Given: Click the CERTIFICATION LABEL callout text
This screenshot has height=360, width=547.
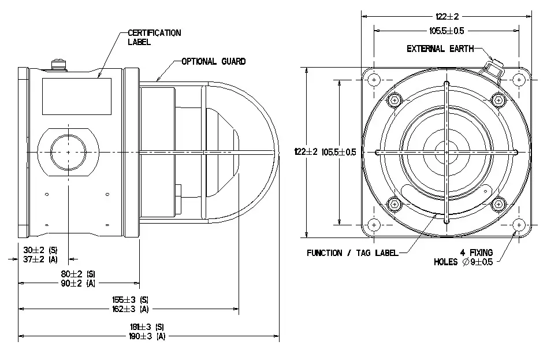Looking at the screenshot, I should [x=154, y=37].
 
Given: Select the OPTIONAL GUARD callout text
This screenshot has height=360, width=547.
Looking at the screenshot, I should [x=213, y=61].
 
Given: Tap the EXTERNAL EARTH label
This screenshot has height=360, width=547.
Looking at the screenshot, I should [x=440, y=49].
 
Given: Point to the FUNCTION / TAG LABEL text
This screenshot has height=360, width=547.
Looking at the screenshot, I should [x=352, y=253].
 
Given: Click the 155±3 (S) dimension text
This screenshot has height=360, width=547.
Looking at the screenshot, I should [x=131, y=300].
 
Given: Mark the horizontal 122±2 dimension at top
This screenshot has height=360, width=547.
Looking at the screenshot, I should [x=446, y=17].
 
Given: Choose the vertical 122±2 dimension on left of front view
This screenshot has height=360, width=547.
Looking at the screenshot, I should [x=306, y=151].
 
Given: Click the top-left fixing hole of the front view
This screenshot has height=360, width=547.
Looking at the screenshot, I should [x=374, y=79].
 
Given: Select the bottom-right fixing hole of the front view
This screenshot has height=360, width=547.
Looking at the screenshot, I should [x=518, y=224].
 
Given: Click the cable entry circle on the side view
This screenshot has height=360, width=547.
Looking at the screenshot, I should [x=68, y=152].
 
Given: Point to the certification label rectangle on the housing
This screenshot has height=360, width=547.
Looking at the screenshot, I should [x=76, y=96].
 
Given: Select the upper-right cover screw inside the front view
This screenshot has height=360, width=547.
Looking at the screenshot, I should [x=498, y=101].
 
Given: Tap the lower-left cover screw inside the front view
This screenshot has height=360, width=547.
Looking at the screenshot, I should [x=395, y=203].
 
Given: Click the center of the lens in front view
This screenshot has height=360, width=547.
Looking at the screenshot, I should [x=446, y=152].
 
